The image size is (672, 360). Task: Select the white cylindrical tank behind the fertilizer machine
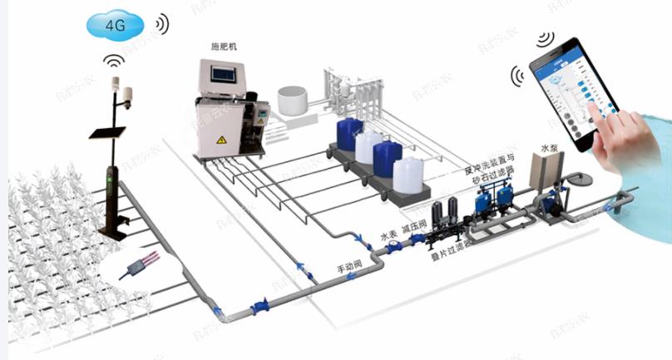292,101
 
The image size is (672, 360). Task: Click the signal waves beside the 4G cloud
160,24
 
